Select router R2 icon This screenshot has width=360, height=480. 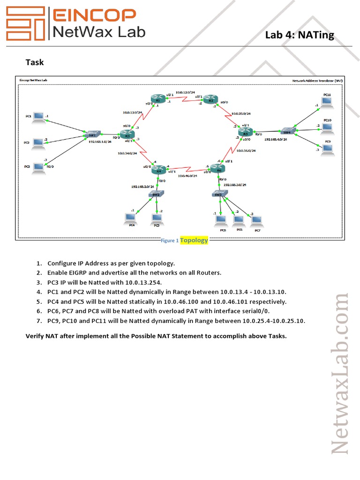click(x=210, y=100)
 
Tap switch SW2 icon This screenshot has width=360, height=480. click(x=155, y=194)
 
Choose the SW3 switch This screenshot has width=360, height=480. click(x=218, y=194)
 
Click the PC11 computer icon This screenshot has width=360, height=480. click(x=327, y=102)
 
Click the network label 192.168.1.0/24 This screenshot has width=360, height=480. click(x=100, y=141)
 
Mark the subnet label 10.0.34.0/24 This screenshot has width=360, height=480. click(x=127, y=153)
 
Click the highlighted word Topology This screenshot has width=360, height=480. click(x=194, y=240)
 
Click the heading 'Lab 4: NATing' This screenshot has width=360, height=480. click(x=300, y=35)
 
